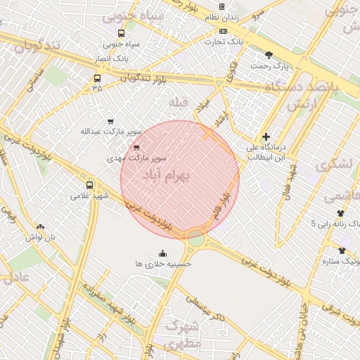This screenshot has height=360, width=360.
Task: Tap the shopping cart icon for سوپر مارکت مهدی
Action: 136,148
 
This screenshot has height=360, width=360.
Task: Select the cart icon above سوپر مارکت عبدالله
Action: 110,121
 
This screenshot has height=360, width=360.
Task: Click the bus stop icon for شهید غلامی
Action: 89,185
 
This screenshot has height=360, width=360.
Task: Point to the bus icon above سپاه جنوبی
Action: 122,33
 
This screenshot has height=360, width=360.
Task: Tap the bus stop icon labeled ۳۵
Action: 96,79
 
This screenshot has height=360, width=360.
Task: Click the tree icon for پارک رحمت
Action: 269,55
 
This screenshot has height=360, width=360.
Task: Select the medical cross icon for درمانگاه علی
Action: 266,136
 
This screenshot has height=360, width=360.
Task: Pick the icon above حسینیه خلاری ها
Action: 164,254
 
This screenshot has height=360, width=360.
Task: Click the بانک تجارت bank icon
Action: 224,31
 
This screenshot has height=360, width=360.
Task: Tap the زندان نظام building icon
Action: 221,7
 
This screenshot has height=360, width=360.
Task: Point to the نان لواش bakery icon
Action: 40,226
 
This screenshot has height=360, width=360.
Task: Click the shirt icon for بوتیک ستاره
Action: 342,250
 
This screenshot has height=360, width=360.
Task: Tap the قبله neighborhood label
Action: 179,103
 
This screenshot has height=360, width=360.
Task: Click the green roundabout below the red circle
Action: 196,240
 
